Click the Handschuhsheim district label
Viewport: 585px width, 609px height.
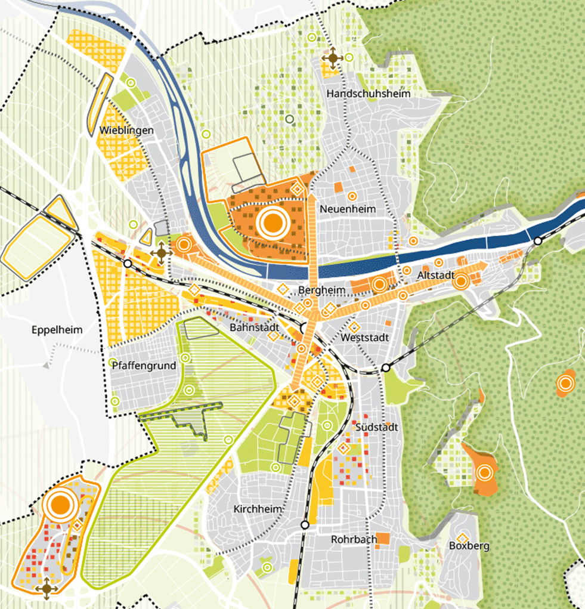click(x=369, y=94)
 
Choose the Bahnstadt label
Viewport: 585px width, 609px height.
click(x=253, y=328)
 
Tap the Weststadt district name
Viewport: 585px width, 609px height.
click(x=365, y=338)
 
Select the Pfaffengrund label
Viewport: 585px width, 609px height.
click(x=143, y=366)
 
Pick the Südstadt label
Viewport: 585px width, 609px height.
click(x=376, y=428)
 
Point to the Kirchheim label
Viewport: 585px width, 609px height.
click(x=258, y=509)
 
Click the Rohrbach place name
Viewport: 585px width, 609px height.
click(x=354, y=539)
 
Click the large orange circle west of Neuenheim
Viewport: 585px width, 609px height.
click(x=272, y=222)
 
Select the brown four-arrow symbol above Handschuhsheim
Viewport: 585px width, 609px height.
click(x=332, y=58)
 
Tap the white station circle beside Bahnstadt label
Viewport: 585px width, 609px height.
click(x=305, y=327)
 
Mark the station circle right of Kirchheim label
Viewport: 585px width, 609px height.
click(x=305, y=525)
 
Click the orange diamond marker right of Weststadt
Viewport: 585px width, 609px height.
click(x=353, y=326)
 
